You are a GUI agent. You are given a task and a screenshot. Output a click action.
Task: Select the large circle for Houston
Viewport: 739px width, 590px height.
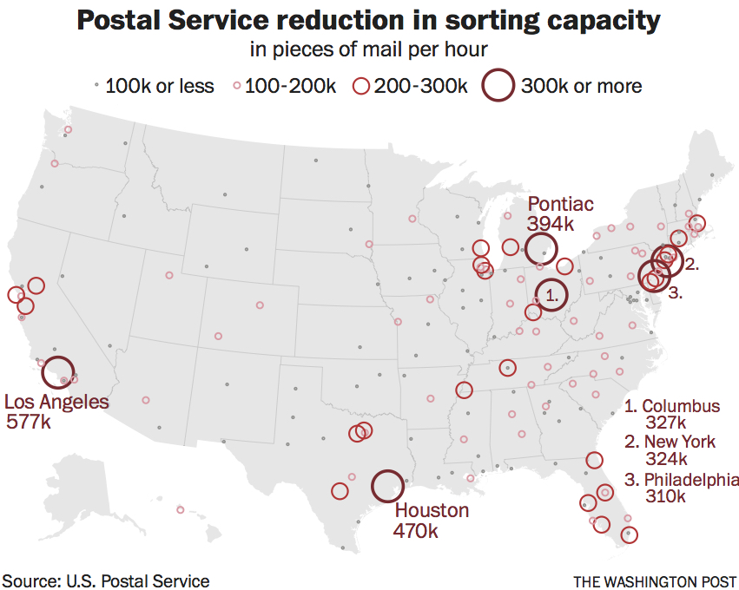point(386,486)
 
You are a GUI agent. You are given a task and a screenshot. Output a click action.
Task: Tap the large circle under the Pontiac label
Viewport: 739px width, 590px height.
point(540,249)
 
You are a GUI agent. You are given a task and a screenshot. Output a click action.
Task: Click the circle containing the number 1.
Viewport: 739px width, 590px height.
point(551,295)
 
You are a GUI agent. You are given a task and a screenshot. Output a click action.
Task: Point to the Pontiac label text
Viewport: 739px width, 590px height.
point(561,204)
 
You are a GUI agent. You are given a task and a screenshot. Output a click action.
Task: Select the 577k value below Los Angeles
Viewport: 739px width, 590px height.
point(29,423)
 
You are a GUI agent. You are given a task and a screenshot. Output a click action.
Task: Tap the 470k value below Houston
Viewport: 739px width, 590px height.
point(416,530)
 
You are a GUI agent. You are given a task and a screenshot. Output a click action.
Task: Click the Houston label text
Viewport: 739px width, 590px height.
point(432,510)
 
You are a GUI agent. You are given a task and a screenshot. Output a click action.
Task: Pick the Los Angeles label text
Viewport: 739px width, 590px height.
point(57,402)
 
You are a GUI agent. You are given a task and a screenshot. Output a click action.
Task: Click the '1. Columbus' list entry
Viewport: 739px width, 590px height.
point(673,406)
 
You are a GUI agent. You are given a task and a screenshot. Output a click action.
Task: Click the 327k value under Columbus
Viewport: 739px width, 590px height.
point(666,423)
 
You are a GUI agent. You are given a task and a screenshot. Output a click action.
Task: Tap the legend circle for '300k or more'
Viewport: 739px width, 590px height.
point(498,85)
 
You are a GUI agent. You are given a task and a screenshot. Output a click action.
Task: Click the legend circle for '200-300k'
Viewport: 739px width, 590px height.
point(361,86)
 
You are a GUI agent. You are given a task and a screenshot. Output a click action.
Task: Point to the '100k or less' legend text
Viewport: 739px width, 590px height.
point(160,86)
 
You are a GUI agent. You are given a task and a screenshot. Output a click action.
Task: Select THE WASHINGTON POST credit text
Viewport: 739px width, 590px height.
point(655,581)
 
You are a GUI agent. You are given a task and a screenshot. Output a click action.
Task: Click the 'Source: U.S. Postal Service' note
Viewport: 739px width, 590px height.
point(105,580)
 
